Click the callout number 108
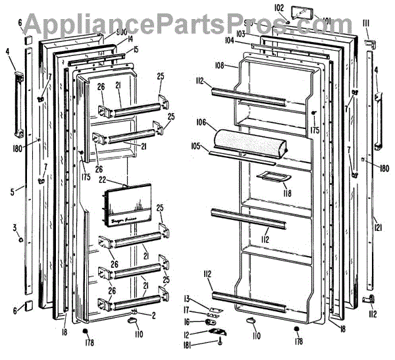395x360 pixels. pyautogui.click(x=220, y=66)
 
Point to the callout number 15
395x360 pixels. pyautogui.click(x=134, y=50)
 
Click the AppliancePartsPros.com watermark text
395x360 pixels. pyautogui.click(x=197, y=24)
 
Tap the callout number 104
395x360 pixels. pyautogui.click(x=229, y=40)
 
